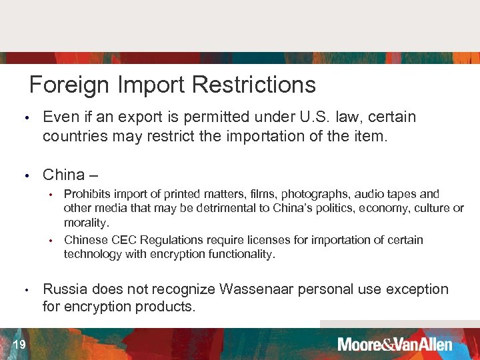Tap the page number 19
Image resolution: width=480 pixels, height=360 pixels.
coord(19,345)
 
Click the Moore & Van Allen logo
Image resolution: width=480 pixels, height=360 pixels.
coord(395,345)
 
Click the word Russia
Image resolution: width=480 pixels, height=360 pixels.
coord(65,289)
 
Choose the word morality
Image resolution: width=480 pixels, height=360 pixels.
coord(86,223)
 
